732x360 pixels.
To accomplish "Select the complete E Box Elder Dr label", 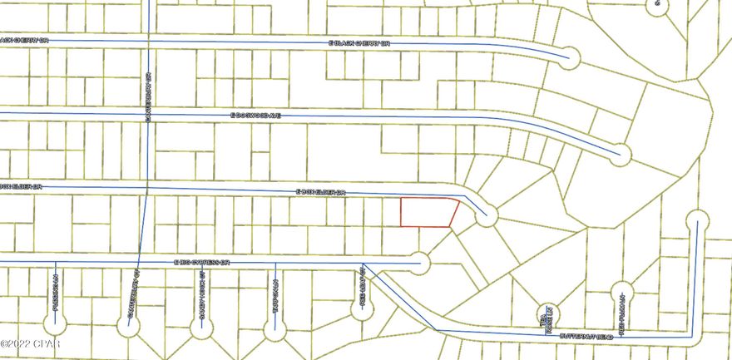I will coord(320,191).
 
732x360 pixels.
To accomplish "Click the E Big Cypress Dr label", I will coord(201,262).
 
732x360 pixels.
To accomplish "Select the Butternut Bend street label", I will coord(592,337).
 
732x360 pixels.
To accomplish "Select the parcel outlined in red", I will coord(428,213).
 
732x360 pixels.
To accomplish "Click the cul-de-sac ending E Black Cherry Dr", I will coord(570,58).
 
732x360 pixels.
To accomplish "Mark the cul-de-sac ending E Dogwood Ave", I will coord(620,152).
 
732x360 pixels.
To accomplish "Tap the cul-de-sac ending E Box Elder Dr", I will coord(486,216).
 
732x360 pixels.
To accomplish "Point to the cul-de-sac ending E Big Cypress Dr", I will coord(421,264).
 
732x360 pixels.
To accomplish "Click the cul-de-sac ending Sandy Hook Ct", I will coord(199,327).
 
